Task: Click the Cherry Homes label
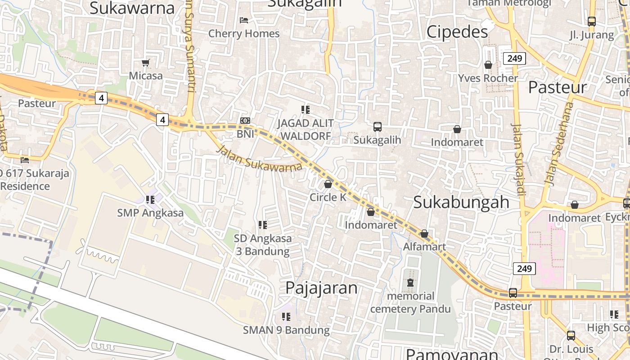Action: pyautogui.click(x=244, y=34)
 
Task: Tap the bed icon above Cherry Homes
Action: pyautogui.click(x=244, y=20)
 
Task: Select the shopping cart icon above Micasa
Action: pyautogui.click(x=145, y=63)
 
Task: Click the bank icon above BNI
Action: pyautogui.click(x=245, y=121)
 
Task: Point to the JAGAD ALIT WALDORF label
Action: pyautogui.click(x=306, y=129)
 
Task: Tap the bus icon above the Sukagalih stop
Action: pyautogui.click(x=377, y=127)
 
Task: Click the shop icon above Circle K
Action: pyautogui.click(x=328, y=184)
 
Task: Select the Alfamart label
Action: pyautogui.click(x=424, y=247)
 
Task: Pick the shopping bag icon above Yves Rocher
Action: pyautogui.click(x=488, y=65)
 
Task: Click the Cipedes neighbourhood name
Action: pyautogui.click(x=457, y=32)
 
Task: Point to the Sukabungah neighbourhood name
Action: pyautogui.click(x=461, y=202)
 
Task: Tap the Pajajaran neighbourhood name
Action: pyautogui.click(x=321, y=288)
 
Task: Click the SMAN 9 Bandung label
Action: pyautogui.click(x=286, y=330)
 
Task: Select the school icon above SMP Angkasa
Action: pyautogui.click(x=150, y=199)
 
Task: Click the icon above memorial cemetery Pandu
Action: pyautogui.click(x=410, y=283)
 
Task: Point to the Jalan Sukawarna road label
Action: pyautogui.click(x=259, y=158)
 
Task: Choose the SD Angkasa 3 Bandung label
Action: pyautogui.click(x=263, y=244)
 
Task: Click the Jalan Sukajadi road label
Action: pyautogui.click(x=518, y=160)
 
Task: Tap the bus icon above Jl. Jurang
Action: pyautogui.click(x=591, y=21)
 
